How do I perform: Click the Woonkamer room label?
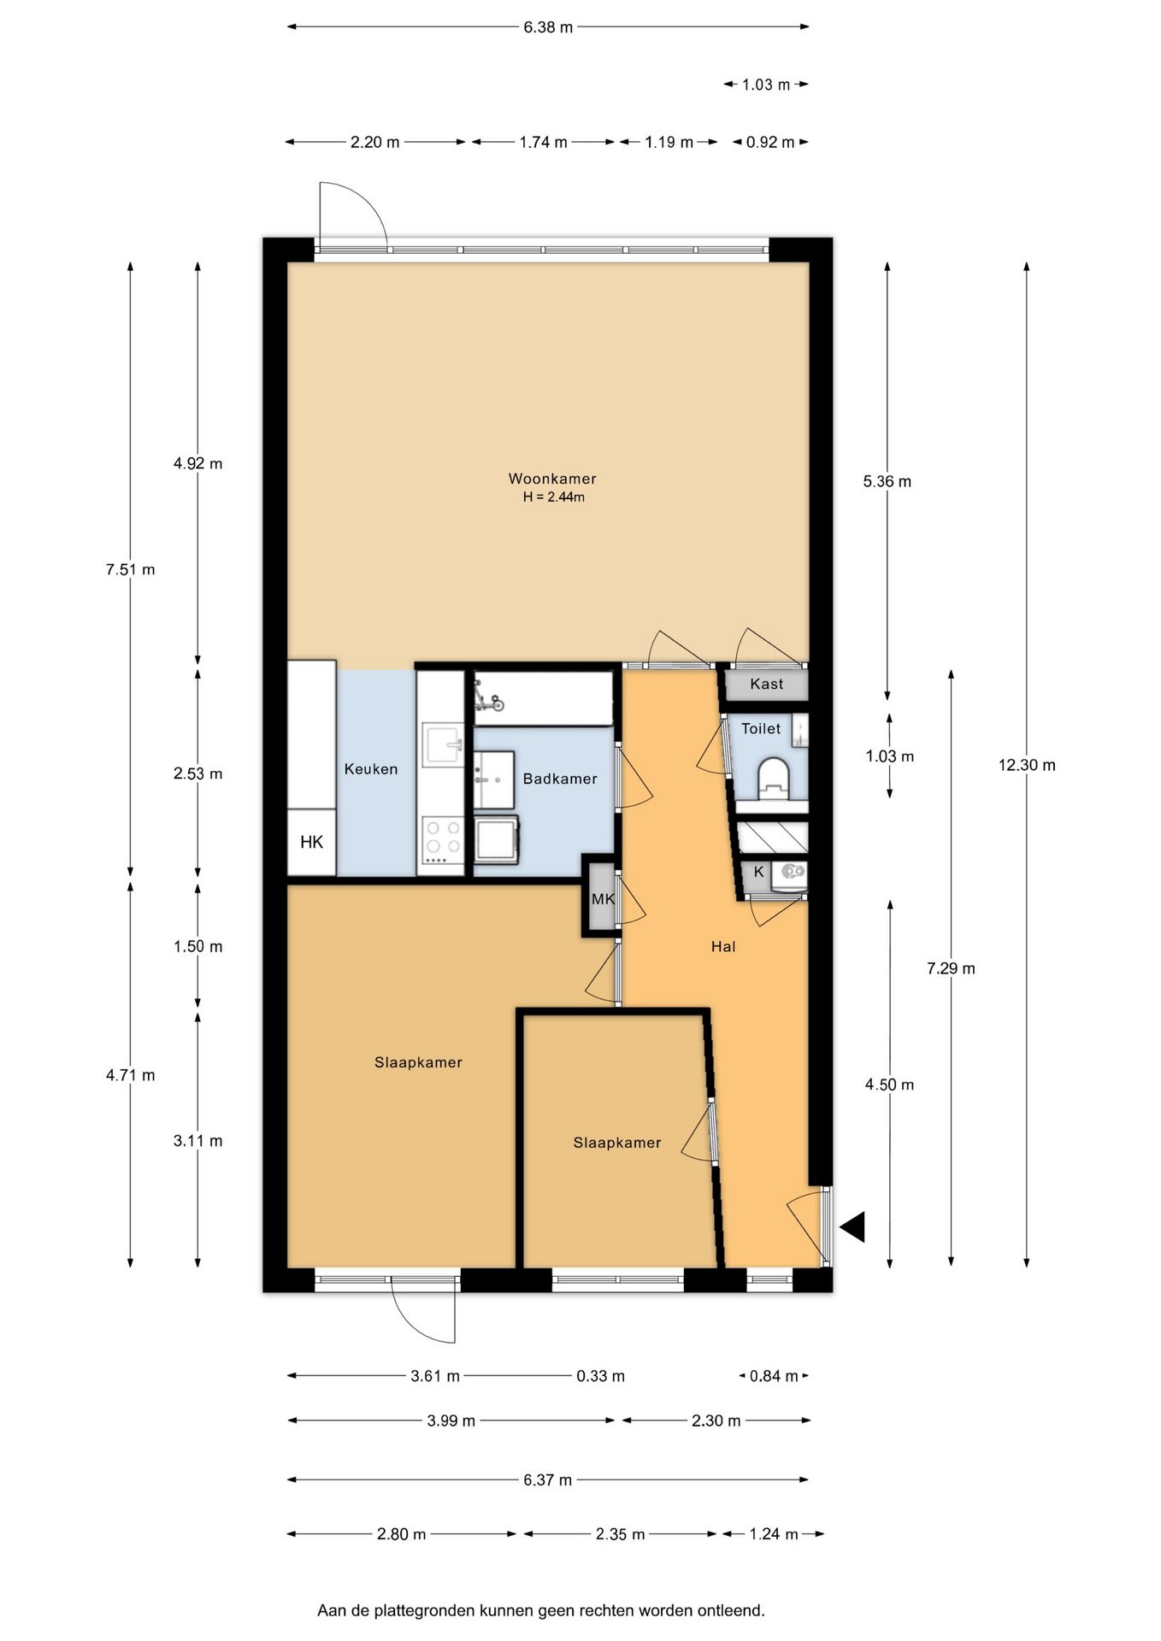552,479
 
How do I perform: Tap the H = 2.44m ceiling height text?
554,497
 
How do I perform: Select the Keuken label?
371,769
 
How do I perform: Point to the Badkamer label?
560,779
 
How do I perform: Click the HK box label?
311,842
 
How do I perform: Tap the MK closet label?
603,899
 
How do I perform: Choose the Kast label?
767,684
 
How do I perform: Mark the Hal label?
723,946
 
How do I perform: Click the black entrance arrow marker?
853,1226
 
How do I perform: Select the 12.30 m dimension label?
1027,765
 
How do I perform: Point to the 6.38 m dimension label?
548,27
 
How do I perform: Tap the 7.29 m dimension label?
951,968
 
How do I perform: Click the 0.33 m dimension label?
600,1376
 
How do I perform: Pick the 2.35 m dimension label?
620,1534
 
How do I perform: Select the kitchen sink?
443,744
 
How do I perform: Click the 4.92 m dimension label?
197,463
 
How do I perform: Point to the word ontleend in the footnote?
731,1610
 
